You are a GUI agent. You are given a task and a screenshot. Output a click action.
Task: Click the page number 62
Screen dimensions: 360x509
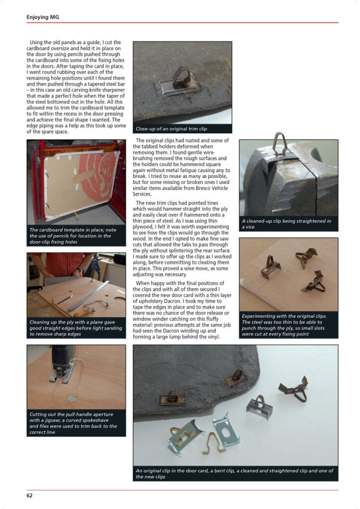(x=29, y=496)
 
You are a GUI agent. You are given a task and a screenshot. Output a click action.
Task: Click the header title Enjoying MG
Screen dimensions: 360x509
(x=43, y=17)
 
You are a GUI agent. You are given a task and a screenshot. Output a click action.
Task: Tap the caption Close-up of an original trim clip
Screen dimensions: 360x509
(x=171, y=129)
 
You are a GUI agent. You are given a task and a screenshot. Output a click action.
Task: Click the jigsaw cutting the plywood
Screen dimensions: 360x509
(x=62, y=363)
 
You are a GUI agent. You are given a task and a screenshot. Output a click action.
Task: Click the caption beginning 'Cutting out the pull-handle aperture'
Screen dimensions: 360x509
(x=73, y=424)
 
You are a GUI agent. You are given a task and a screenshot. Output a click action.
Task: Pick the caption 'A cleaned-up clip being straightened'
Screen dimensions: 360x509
(x=286, y=224)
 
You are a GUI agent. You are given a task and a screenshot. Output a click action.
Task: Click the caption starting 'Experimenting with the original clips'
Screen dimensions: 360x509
(x=284, y=325)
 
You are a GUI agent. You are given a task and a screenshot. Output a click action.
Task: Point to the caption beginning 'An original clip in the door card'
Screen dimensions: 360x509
(x=234, y=474)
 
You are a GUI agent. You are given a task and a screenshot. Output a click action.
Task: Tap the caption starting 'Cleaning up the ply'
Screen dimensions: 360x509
(x=76, y=328)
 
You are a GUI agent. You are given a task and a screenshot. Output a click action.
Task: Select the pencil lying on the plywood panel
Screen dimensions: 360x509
(x=64, y=300)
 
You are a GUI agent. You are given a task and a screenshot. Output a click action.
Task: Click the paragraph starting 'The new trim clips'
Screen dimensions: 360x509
(x=182, y=239)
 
